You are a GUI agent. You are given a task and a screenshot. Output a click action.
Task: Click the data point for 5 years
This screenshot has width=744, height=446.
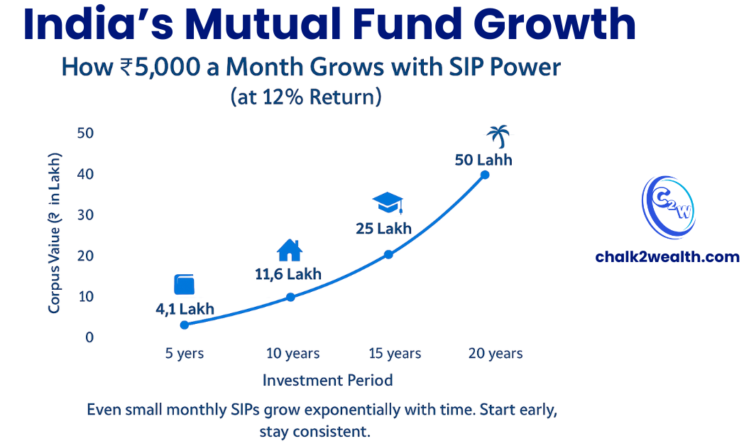(185, 325)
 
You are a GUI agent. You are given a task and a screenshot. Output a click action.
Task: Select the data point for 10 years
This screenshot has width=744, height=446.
(290, 297)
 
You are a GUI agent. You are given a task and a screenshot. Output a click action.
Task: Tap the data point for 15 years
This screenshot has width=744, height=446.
(388, 254)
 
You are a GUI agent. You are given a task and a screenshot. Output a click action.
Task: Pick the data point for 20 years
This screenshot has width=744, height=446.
(485, 175)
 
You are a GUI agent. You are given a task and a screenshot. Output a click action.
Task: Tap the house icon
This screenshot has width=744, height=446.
(290, 251)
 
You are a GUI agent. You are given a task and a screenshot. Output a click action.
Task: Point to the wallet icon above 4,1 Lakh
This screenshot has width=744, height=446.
(184, 285)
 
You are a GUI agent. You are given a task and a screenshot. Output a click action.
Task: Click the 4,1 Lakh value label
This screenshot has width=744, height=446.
(185, 309)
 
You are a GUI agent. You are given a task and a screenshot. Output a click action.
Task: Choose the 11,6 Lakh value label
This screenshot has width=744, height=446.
(288, 273)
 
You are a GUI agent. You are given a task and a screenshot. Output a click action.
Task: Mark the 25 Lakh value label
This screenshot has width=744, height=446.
(383, 229)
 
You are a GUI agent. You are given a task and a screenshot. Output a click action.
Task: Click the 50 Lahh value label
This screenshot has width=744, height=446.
(483, 160)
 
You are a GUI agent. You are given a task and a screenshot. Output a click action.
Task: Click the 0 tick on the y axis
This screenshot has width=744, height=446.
(89, 337)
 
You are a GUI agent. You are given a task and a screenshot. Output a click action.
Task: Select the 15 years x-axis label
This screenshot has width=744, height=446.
(394, 354)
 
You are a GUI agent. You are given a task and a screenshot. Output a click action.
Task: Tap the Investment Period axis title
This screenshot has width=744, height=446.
(327, 381)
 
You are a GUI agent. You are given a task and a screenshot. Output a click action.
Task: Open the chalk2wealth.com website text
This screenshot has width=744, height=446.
(667, 257)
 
